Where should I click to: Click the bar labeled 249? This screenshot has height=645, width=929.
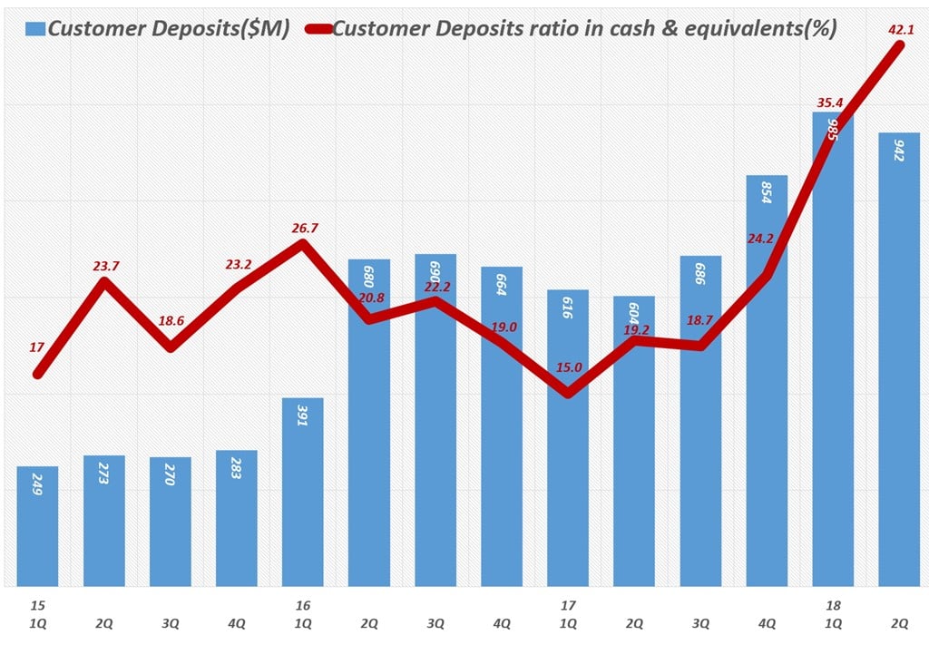coord(37,526)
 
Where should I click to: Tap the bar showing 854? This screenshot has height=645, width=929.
coord(767,381)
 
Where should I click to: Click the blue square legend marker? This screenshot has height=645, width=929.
coord(35,29)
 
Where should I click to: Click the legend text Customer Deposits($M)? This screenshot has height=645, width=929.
coord(169,29)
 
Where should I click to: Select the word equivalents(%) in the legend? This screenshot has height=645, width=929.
coord(761,29)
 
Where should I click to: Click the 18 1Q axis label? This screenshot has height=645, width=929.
coord(834,613)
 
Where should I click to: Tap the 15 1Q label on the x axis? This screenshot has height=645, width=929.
coord(37,613)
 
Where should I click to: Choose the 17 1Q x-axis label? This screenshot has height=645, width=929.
coord(568,613)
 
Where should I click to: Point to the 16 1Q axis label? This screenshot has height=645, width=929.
coord(302,613)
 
